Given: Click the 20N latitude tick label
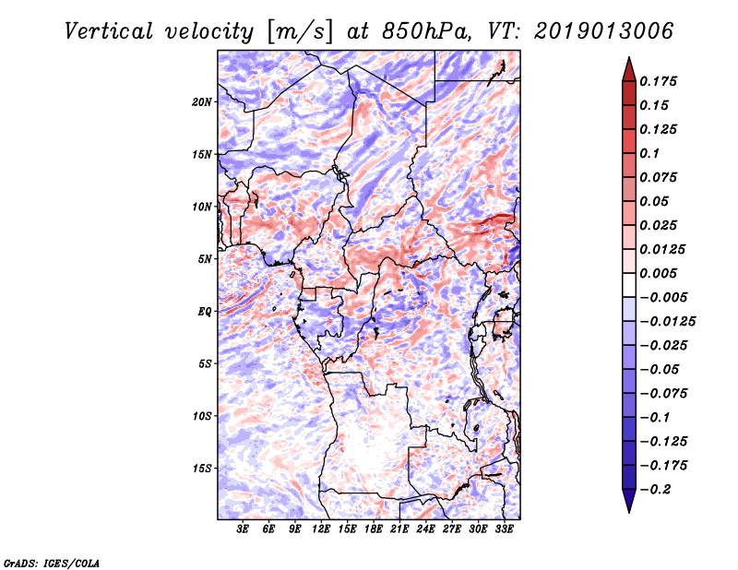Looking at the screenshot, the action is (x=202, y=101).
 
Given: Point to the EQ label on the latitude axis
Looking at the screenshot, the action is (x=205, y=311).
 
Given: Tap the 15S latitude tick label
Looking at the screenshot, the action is (x=203, y=468).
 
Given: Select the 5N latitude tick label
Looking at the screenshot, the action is (x=205, y=258).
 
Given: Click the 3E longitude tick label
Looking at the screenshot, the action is (x=242, y=529).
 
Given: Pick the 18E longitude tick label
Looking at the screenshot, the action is (x=373, y=529).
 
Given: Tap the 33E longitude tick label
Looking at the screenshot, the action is (x=504, y=529).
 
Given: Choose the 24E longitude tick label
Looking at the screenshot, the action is (x=425, y=529).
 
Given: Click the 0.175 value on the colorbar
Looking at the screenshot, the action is (x=658, y=81).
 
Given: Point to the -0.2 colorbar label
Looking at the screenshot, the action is (x=655, y=490).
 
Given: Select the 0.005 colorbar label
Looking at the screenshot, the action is (x=658, y=273).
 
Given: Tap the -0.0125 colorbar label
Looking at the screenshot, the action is (x=667, y=322).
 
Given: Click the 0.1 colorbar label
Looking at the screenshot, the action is (x=649, y=153).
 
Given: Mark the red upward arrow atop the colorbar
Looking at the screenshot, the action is (x=629, y=69).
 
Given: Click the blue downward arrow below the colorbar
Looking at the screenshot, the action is (x=629, y=501).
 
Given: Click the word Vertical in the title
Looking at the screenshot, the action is (x=109, y=31).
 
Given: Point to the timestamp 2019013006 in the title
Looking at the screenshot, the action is (x=603, y=31).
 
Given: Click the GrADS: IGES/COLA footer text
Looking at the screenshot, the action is (x=52, y=563).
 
